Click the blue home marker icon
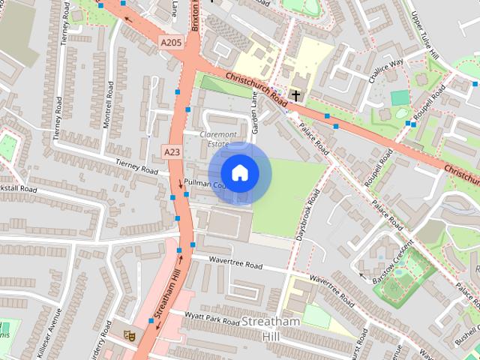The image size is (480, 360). tap(239, 173)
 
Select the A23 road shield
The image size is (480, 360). tap(172, 151)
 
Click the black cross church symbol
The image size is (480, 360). tap(297, 94)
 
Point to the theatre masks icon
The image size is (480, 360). tap(127, 334)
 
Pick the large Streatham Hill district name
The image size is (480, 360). tap(271, 328)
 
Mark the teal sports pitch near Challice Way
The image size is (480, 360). tap(400, 98)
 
